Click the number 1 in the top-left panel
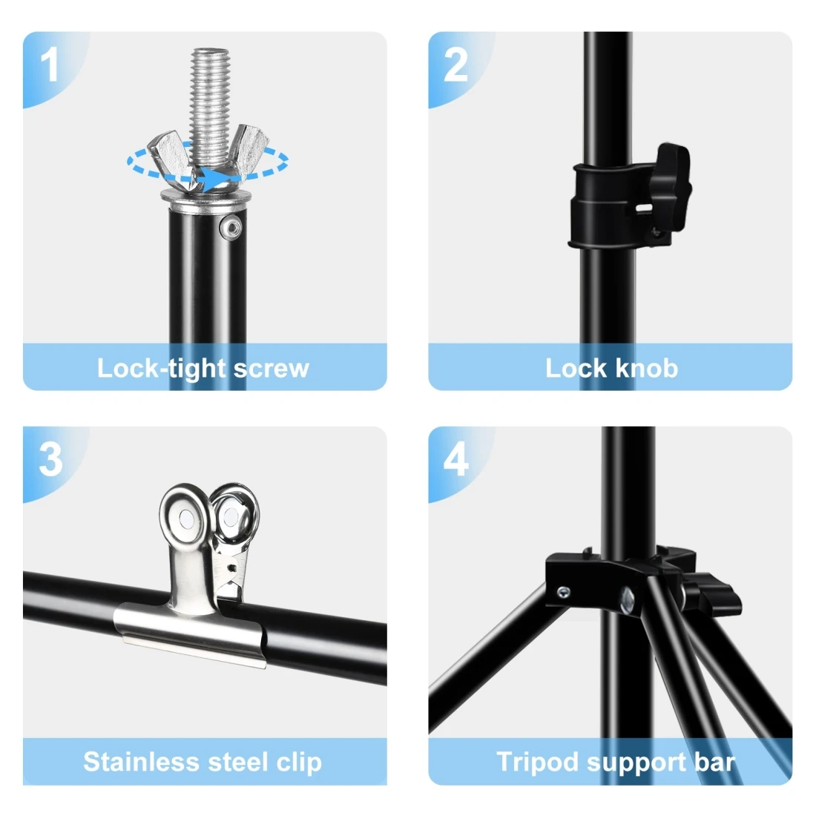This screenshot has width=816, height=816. click(x=50, y=65)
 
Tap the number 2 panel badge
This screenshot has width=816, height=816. click(x=455, y=65)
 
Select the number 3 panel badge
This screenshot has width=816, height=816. click(x=50, y=459)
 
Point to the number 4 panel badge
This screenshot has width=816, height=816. click(x=455, y=459)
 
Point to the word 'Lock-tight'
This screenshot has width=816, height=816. click(x=161, y=369)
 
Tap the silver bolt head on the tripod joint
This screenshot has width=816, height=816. click(x=628, y=599)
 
